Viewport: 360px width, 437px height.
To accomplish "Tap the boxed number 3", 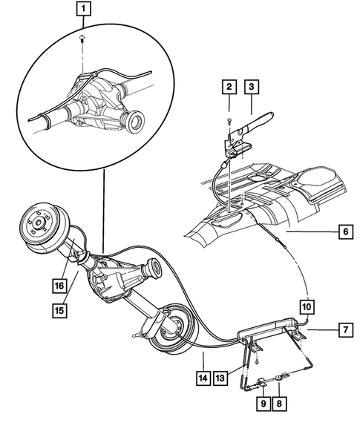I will [x=252, y=88].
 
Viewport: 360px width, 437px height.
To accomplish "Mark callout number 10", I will [x=307, y=306].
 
